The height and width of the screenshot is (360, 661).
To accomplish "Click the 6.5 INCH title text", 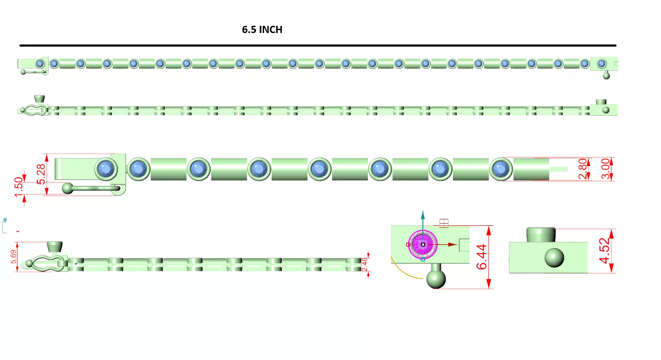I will click(x=262, y=30).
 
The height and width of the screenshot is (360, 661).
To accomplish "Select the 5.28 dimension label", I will click(x=41, y=174).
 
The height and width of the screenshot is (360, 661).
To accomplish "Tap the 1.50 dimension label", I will click(x=18, y=186).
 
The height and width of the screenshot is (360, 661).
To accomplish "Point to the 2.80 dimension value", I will click(x=583, y=169).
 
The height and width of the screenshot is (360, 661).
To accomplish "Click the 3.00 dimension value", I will click(x=606, y=169).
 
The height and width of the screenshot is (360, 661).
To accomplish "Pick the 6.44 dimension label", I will click(x=482, y=257).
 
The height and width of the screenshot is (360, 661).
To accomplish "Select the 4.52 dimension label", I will click(x=605, y=251).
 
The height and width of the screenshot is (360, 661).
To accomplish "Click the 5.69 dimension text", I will click(x=14, y=257).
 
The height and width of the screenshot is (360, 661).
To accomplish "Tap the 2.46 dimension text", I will click(x=365, y=264).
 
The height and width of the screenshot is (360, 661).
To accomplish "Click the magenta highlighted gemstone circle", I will click(x=422, y=244).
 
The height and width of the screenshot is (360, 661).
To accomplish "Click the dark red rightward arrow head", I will click(x=452, y=244).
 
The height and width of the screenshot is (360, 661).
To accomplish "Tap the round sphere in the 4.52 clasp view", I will click(x=554, y=258).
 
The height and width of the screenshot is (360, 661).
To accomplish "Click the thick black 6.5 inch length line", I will click(x=318, y=45).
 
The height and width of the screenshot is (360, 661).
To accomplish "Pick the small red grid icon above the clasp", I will click(x=444, y=223).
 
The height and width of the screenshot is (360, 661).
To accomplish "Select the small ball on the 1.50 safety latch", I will click(x=67, y=188).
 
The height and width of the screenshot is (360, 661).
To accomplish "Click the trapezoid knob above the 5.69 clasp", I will click(x=55, y=247).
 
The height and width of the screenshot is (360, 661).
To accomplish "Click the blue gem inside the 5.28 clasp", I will click(x=106, y=169).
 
